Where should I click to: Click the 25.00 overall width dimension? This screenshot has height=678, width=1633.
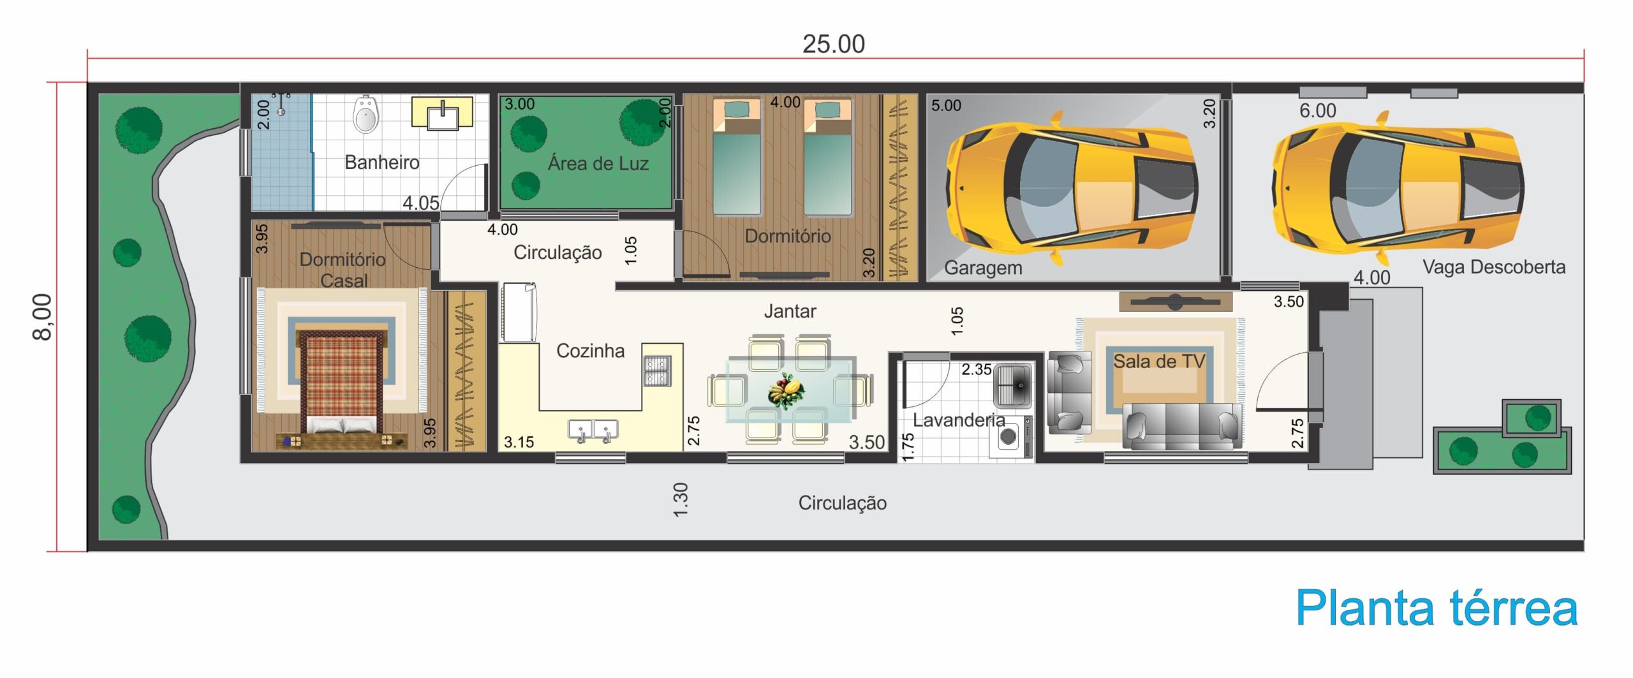pyautogui.click(x=833, y=44)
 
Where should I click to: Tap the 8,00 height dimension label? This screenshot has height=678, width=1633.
pyautogui.click(x=42, y=317)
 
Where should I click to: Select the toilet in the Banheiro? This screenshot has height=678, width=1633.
pyautogui.click(x=366, y=114)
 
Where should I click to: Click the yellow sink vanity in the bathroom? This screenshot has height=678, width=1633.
pyautogui.click(x=442, y=113)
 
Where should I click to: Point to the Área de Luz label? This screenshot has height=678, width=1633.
pyautogui.click(x=598, y=163)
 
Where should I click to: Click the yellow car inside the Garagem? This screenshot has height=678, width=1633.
pyautogui.click(x=1072, y=188)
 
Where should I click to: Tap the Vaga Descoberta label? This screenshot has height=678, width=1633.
pyautogui.click(x=1494, y=267)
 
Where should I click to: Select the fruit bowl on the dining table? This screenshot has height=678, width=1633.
pyautogui.click(x=786, y=390)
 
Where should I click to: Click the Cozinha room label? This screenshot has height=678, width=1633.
pyautogui.click(x=590, y=351)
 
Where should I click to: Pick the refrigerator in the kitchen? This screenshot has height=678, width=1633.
pyautogui.click(x=519, y=313)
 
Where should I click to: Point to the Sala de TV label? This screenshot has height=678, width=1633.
pyautogui.click(x=1159, y=361)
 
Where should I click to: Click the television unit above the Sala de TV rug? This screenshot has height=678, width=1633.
pyautogui.click(x=1175, y=302)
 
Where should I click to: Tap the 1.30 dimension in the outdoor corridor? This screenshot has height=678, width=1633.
pyautogui.click(x=681, y=499)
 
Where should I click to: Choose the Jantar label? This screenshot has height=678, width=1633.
pyautogui.click(x=790, y=311)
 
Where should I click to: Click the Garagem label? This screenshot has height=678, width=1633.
pyautogui.click(x=983, y=268)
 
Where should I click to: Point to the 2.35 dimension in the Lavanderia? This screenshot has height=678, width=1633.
pyautogui.click(x=977, y=369)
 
